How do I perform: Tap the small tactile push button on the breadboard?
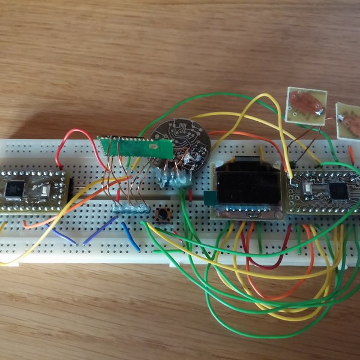click(161, 214)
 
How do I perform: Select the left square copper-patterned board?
click(306, 106)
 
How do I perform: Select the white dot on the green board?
click(153, 146)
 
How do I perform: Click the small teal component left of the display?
click(209, 199)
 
